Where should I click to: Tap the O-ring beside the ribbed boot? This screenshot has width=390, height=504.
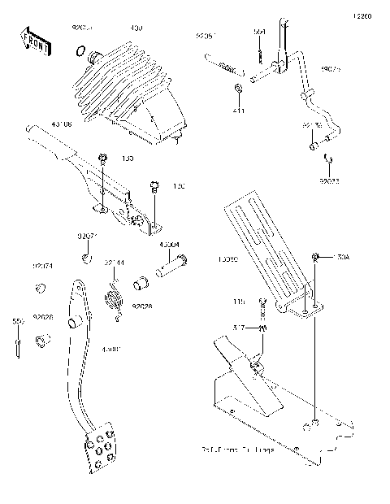(x=80, y=53)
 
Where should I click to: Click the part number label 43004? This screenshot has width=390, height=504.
(x=169, y=245)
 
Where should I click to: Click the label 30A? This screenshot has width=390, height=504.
(x=340, y=258)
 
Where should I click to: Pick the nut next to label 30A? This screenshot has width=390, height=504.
(x=315, y=259)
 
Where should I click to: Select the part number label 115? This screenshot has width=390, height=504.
(x=239, y=302)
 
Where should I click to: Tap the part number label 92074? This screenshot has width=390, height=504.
(x=43, y=266)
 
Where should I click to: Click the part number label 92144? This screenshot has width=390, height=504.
(x=114, y=263)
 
